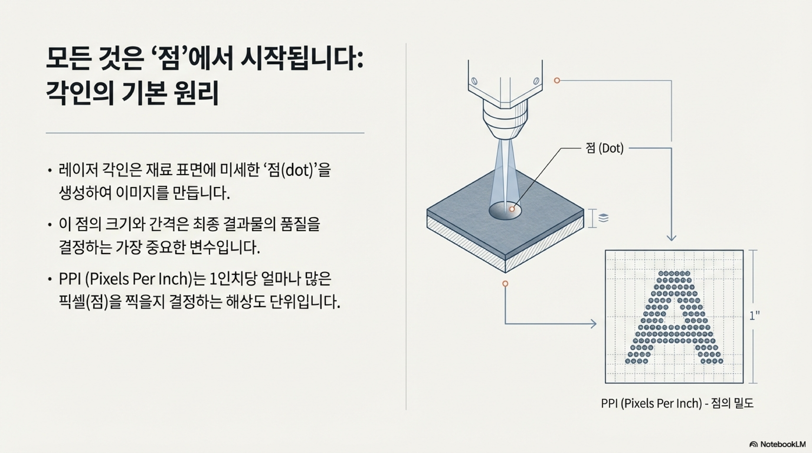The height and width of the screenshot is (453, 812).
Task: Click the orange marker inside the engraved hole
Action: point(512,209)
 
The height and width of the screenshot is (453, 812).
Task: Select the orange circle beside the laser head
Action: point(557,81)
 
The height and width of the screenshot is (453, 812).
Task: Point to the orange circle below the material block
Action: point(505,284)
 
